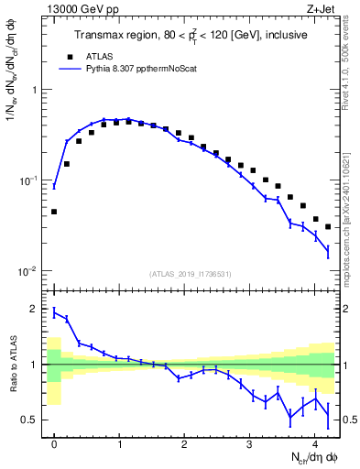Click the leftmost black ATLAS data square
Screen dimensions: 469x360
pos(54,212)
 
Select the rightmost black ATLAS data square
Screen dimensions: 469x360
pos(328,227)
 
